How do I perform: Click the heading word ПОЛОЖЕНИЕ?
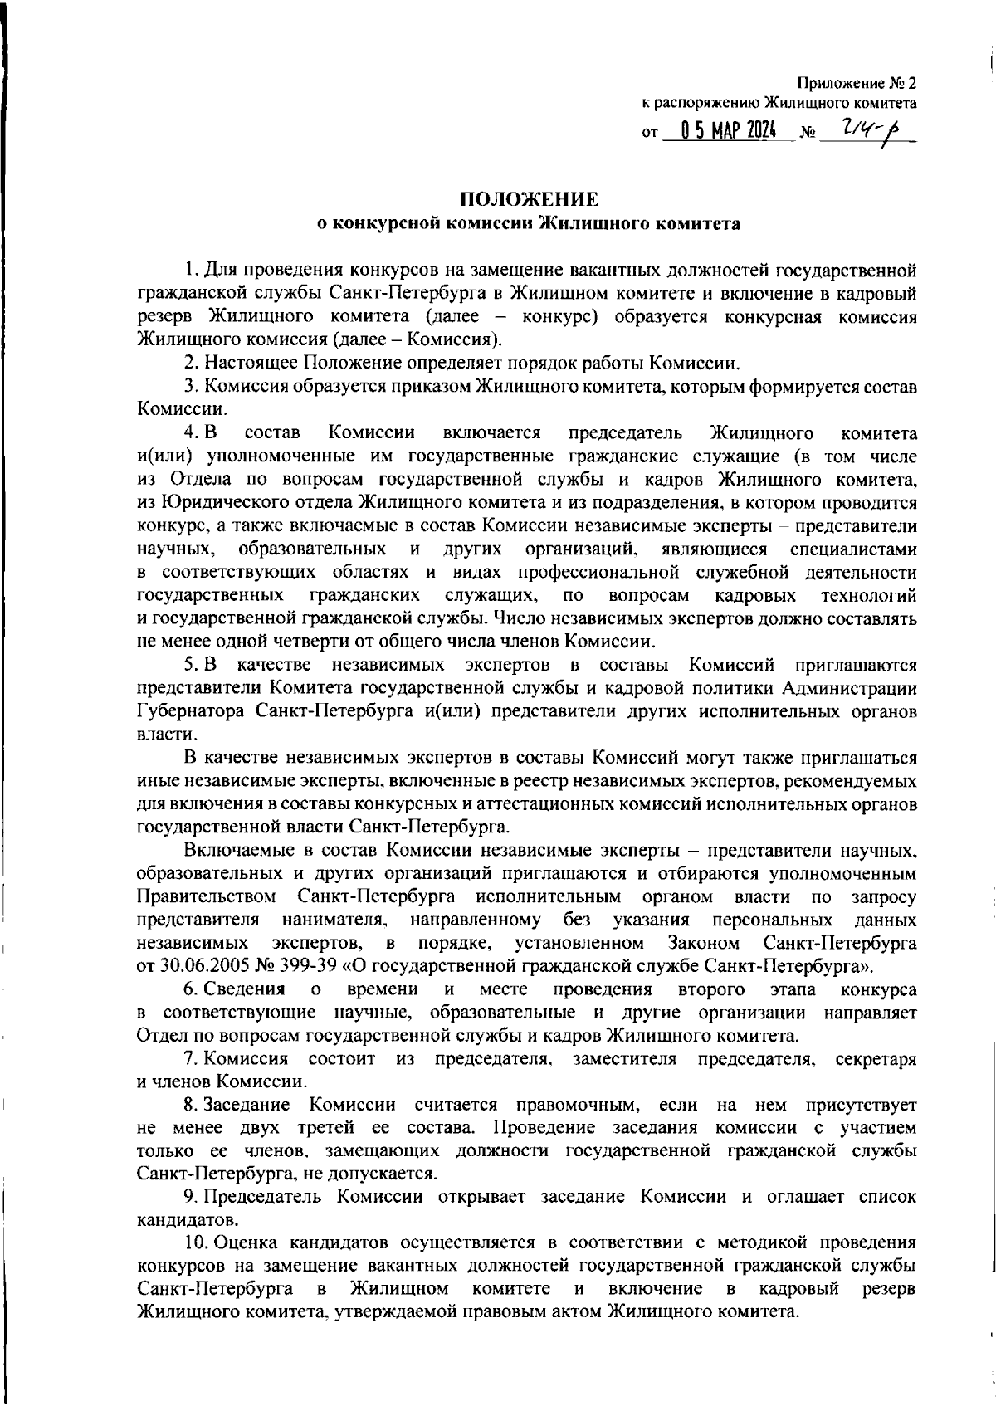[529, 199]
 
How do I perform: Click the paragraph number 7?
[189, 1058]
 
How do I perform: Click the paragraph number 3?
[189, 386]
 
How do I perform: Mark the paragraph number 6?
[189, 989]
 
